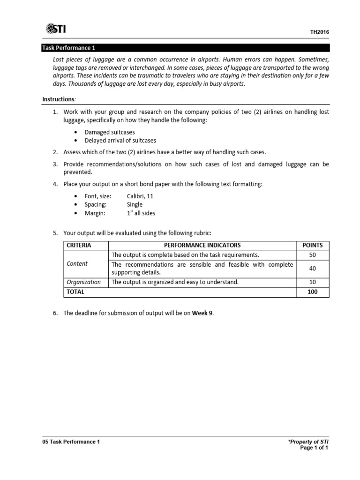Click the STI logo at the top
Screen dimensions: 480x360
point(56,29)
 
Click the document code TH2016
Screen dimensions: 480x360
point(319,32)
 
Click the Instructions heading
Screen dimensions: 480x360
point(59,99)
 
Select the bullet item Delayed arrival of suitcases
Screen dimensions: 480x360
point(120,141)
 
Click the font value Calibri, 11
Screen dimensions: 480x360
point(140,196)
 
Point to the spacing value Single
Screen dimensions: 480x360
point(135,205)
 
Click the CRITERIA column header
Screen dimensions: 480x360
point(79,245)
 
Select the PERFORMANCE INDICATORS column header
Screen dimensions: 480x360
point(202,245)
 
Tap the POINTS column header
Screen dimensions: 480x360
point(313,245)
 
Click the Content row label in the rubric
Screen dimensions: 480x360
point(77,264)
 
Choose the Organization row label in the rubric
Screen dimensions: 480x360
point(83,282)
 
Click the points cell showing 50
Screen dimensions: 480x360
point(313,255)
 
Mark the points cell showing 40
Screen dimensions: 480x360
point(313,268)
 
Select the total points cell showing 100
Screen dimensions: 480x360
point(313,292)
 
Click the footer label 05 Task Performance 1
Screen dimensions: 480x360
point(71,442)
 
